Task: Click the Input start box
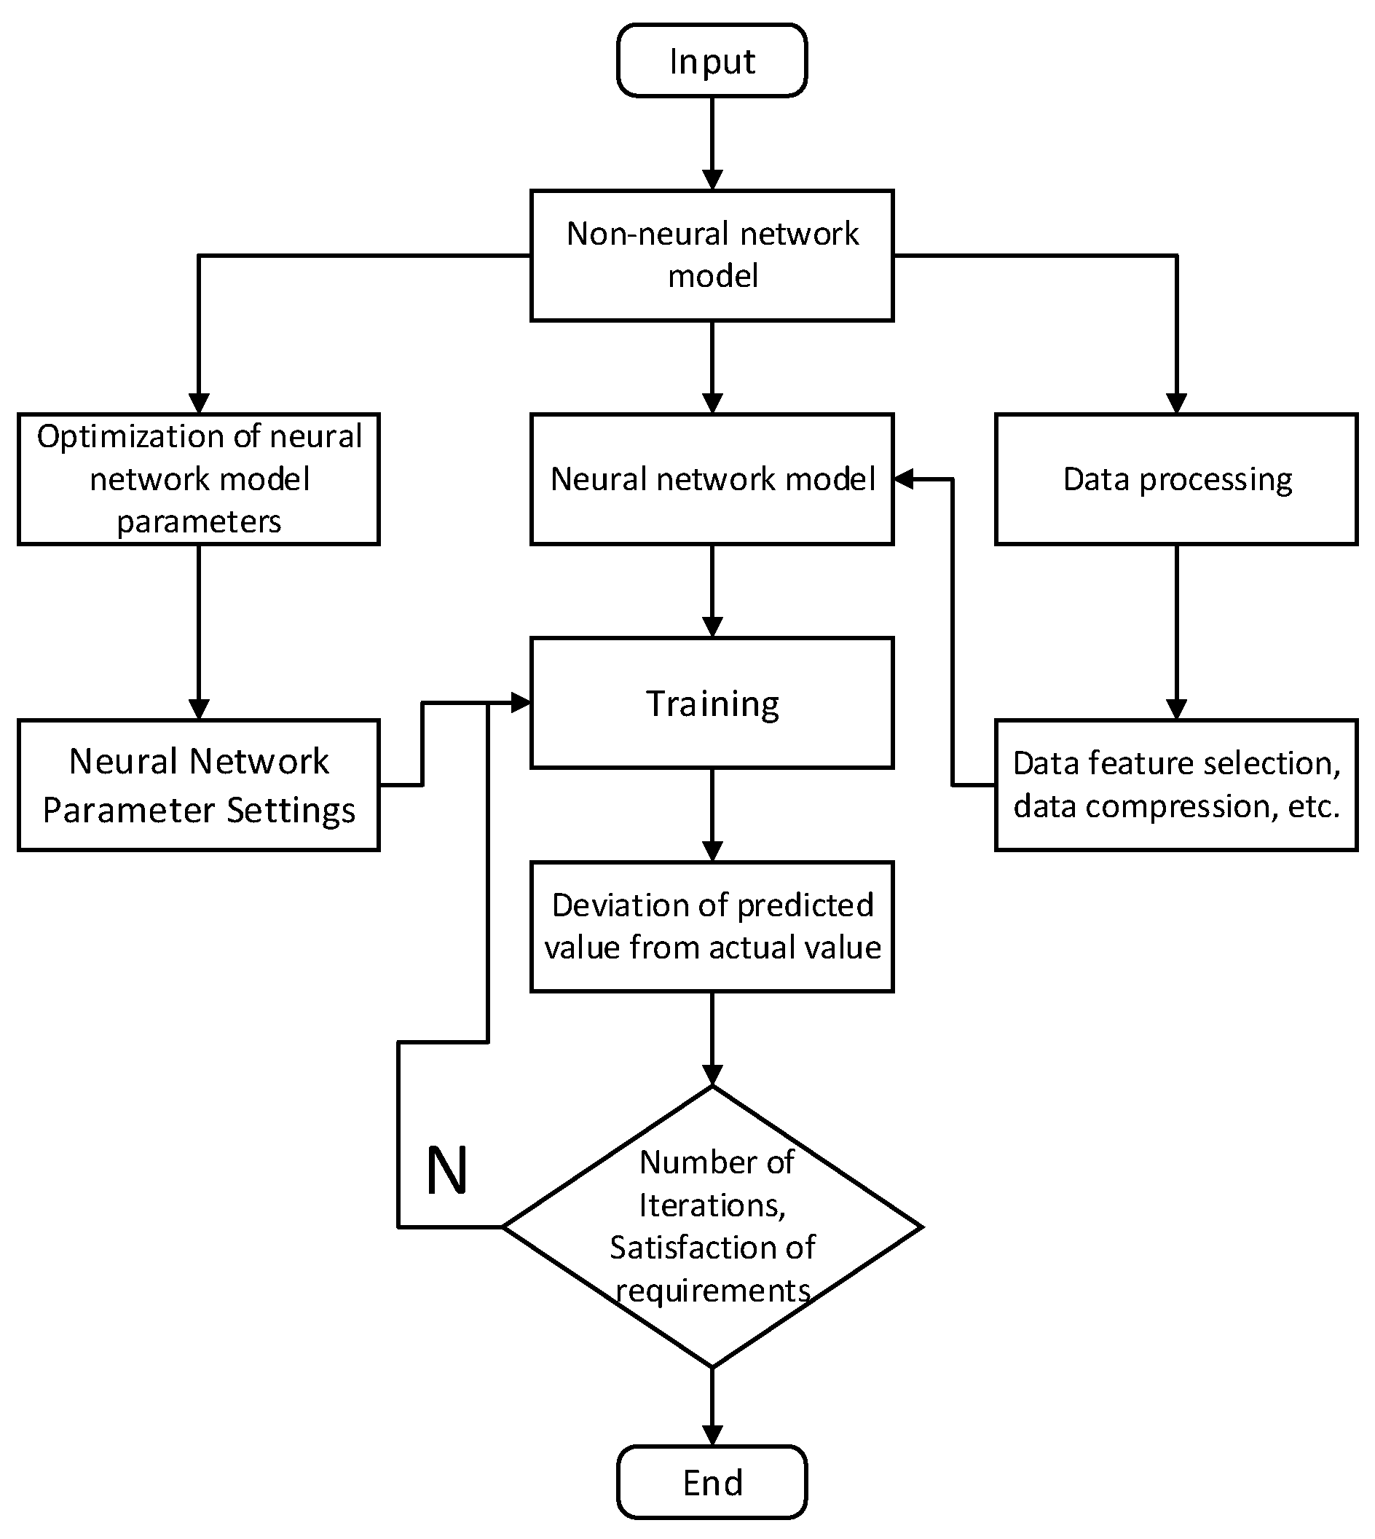click(712, 60)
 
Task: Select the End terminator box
click(712, 1482)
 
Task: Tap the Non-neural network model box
click(712, 256)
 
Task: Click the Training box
click(712, 703)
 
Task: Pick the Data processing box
click(1176, 479)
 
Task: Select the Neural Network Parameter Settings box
click(198, 785)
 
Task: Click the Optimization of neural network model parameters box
click(198, 479)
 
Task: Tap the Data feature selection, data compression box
click(1176, 785)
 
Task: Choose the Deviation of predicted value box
click(712, 926)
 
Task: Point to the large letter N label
click(446, 1171)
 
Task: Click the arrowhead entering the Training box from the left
click(521, 703)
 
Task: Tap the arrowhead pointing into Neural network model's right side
click(905, 479)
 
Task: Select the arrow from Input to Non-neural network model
click(712, 143)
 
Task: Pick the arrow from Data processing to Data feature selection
click(1176, 631)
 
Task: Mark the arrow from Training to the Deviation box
click(712, 814)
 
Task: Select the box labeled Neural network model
click(712, 479)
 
